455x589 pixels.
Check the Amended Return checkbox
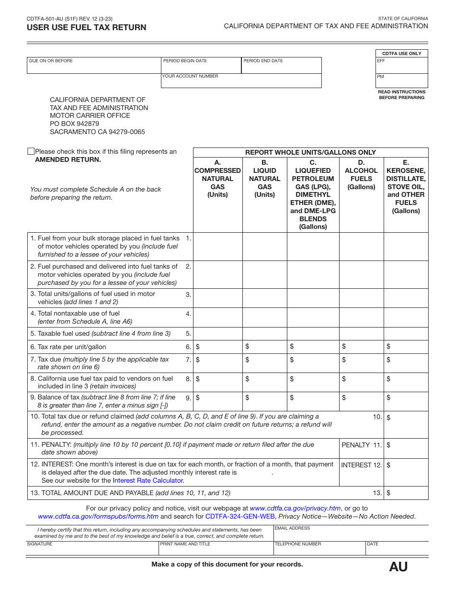31,151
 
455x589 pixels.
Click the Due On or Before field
94,66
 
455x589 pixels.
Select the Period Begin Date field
201,66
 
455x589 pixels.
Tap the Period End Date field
281,66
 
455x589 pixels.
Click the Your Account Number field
241,81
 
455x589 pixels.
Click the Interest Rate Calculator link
148,480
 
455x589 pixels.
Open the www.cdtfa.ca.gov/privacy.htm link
295,508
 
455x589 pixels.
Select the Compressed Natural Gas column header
217,179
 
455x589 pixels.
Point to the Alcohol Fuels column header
361,175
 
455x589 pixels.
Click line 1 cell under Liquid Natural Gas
264,247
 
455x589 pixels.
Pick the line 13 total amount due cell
406,493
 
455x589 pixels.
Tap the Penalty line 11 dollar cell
406,448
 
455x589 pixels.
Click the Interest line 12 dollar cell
406,472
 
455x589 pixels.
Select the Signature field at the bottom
92,548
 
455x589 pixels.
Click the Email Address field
351,533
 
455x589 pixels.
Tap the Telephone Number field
319,548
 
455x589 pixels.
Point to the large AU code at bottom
398,567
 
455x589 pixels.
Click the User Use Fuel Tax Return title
87,27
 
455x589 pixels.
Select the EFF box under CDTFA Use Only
401,66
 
